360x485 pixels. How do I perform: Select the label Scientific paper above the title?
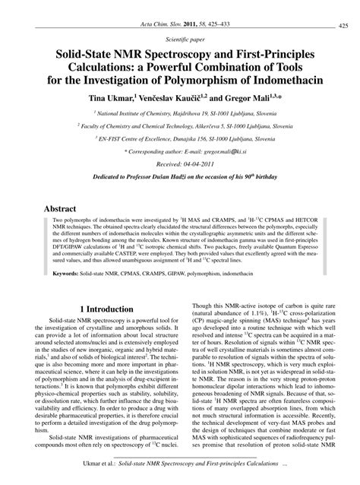pos(180,35)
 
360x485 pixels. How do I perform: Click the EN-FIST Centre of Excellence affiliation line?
pos(180,140)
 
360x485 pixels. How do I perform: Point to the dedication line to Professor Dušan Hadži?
pos(180,178)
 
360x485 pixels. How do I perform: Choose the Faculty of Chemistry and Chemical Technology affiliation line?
pos(180,126)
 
